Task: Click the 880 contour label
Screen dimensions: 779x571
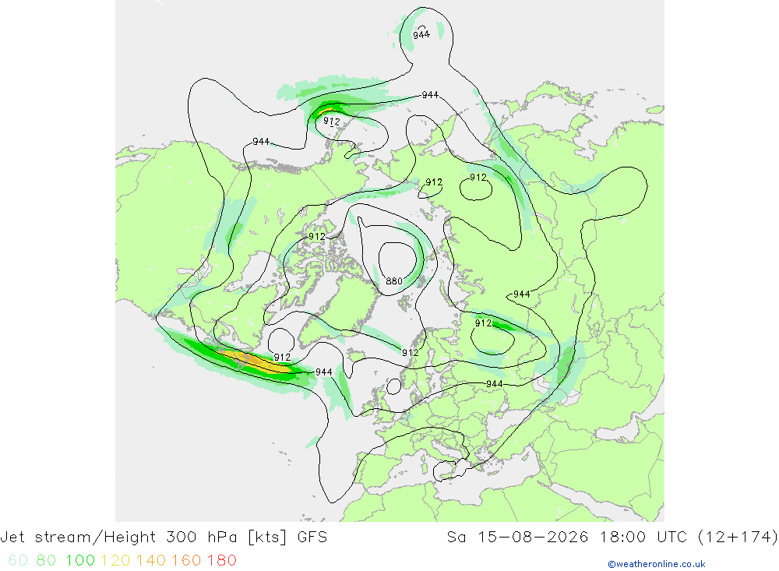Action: pos(394,281)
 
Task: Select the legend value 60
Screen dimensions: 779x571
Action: pos(18,560)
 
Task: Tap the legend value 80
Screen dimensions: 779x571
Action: pos(46,560)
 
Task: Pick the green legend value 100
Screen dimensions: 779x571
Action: pos(80,560)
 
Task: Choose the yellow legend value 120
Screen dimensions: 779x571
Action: pos(116,560)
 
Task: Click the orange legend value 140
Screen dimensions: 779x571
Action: pos(151,560)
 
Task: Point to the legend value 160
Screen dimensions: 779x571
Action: pos(186,560)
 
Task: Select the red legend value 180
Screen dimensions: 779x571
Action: pos(221,560)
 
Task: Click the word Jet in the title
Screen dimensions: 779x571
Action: pos(12,538)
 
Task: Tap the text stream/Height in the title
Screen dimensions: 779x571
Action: pos(95,538)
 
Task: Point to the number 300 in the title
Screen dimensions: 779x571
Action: pos(182,538)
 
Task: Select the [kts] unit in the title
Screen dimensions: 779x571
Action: pos(267,538)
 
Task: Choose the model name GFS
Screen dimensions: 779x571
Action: pos(312,538)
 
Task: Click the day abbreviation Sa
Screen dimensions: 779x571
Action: pos(456,538)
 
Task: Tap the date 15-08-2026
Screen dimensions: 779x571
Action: pos(533,538)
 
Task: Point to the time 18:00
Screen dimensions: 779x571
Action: pos(623,538)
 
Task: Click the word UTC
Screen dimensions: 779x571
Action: pos(672,538)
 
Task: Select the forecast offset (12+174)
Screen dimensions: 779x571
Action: pos(738,538)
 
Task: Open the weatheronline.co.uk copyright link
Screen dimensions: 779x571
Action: pos(657,564)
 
